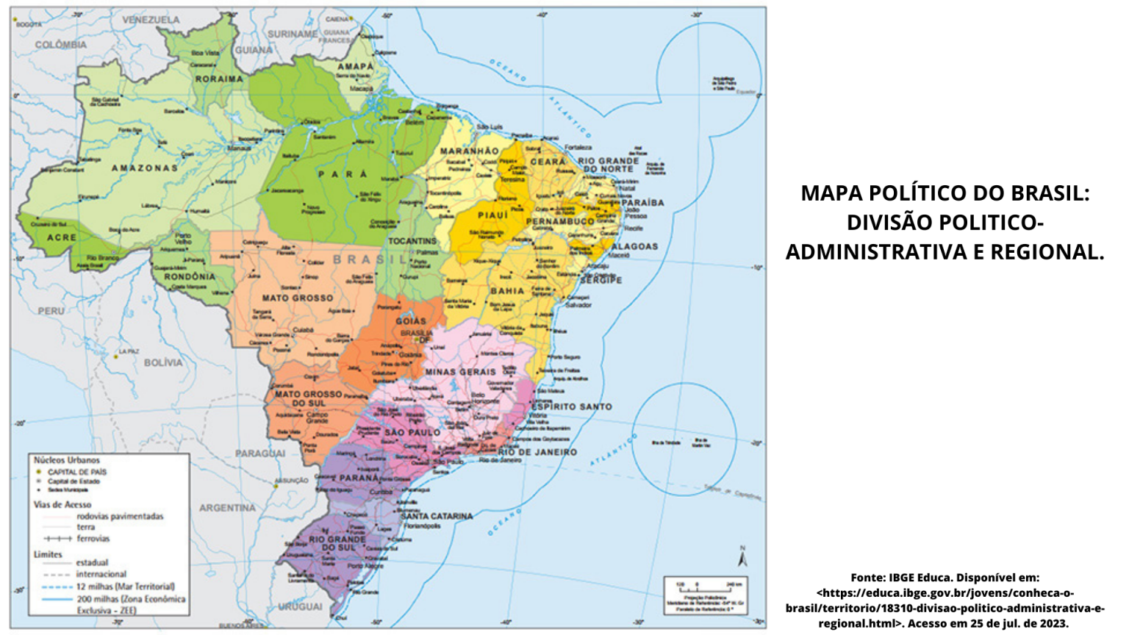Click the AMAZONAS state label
pos(145,168)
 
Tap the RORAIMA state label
pos(219,79)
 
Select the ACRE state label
pos(62,237)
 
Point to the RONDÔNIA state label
pos(190,277)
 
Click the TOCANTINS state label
pos(412,241)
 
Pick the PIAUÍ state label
pos(492,215)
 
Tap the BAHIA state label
pos(508,291)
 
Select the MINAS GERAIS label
pos(461,372)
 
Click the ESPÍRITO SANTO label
pos(572,406)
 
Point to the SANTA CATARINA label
pos(437,516)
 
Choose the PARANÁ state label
pos(359,478)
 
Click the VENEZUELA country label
pos(151,20)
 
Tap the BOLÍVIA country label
pos(163,362)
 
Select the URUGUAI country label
pos(300,607)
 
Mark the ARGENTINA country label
pos(227,508)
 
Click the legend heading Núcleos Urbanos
pos(67,460)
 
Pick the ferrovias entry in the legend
pos(93,539)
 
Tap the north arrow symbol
pos(742,559)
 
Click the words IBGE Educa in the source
pos(921,578)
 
